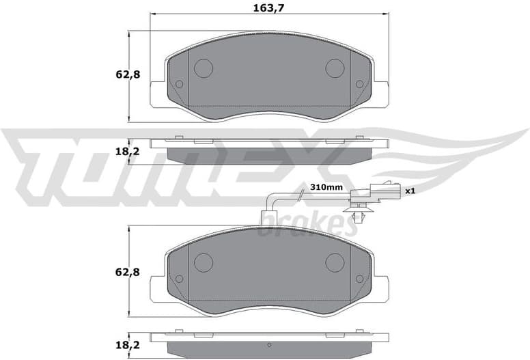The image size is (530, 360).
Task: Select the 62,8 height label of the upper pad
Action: pyautogui.click(x=128, y=75)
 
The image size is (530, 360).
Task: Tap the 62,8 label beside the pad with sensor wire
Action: pyautogui.click(x=128, y=272)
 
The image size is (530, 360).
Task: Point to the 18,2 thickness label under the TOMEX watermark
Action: pyautogui.click(x=128, y=151)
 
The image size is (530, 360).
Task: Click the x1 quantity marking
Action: pyautogui.click(x=410, y=191)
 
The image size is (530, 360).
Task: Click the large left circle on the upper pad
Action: pyautogui.click(x=204, y=68)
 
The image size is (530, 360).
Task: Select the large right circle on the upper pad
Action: pyautogui.click(x=335, y=68)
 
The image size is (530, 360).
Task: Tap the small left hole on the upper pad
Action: pyautogui.click(x=179, y=85)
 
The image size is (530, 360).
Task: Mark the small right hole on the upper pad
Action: pyautogui.click(x=360, y=85)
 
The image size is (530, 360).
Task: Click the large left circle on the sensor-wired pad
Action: pyautogui.click(x=204, y=262)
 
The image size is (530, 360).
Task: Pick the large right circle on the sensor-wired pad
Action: pyautogui.click(x=335, y=262)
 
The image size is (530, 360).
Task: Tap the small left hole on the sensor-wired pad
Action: pyautogui.click(x=179, y=279)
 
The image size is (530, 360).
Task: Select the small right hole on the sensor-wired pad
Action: pyautogui.click(x=360, y=279)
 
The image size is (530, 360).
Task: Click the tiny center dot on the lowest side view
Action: pyautogui.click(x=269, y=344)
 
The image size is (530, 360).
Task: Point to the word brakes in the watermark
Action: pyautogui.click(x=307, y=224)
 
